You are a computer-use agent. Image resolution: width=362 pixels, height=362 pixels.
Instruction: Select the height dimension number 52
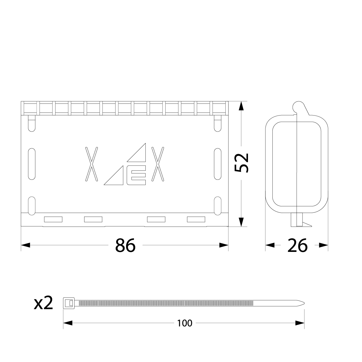pos(242,163)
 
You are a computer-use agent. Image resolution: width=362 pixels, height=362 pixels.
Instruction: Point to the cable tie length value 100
pos(185,323)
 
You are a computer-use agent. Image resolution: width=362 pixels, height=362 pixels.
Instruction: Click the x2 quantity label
pos(43,303)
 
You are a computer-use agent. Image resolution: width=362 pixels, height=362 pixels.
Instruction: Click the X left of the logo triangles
pos(91,164)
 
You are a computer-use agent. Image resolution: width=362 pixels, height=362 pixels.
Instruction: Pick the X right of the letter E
pos(158,164)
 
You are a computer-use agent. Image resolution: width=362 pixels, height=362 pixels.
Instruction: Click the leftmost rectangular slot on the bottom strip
pos(53,219)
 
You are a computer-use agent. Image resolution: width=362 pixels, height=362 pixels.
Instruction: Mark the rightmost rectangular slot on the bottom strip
pos(196,219)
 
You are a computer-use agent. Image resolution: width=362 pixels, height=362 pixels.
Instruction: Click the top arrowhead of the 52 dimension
pos(241,106)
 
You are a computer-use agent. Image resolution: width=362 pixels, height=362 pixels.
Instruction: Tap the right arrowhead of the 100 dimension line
pos(300,323)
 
